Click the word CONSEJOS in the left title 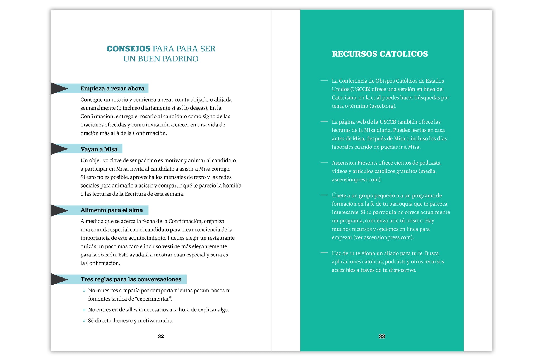(128, 49)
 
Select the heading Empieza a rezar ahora (112, 88)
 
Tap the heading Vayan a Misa (99, 149)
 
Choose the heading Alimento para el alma (112, 210)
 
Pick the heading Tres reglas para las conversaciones (131, 279)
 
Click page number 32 (161, 336)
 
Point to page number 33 (382, 336)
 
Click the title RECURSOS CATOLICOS (380, 54)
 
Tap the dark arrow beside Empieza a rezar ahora (59, 88)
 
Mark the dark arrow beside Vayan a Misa (59, 149)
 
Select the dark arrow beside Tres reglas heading (59, 279)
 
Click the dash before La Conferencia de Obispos (324, 80)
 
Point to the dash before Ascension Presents (324, 162)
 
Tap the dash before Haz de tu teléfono (324, 253)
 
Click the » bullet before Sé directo (84, 321)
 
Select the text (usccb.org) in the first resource (383, 106)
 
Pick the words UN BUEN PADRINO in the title (161, 59)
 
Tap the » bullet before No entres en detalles (84, 310)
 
